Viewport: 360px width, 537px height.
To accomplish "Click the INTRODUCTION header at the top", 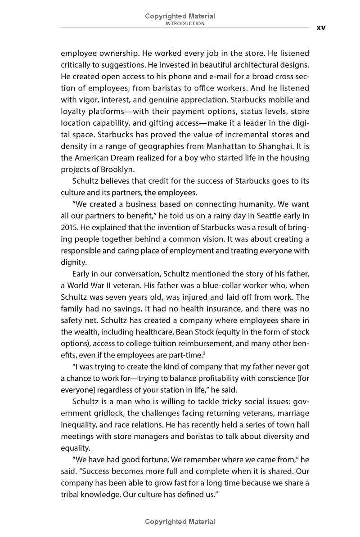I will pyautogui.click(x=185, y=23).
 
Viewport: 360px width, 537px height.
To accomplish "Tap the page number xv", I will pyautogui.click(x=321, y=27).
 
